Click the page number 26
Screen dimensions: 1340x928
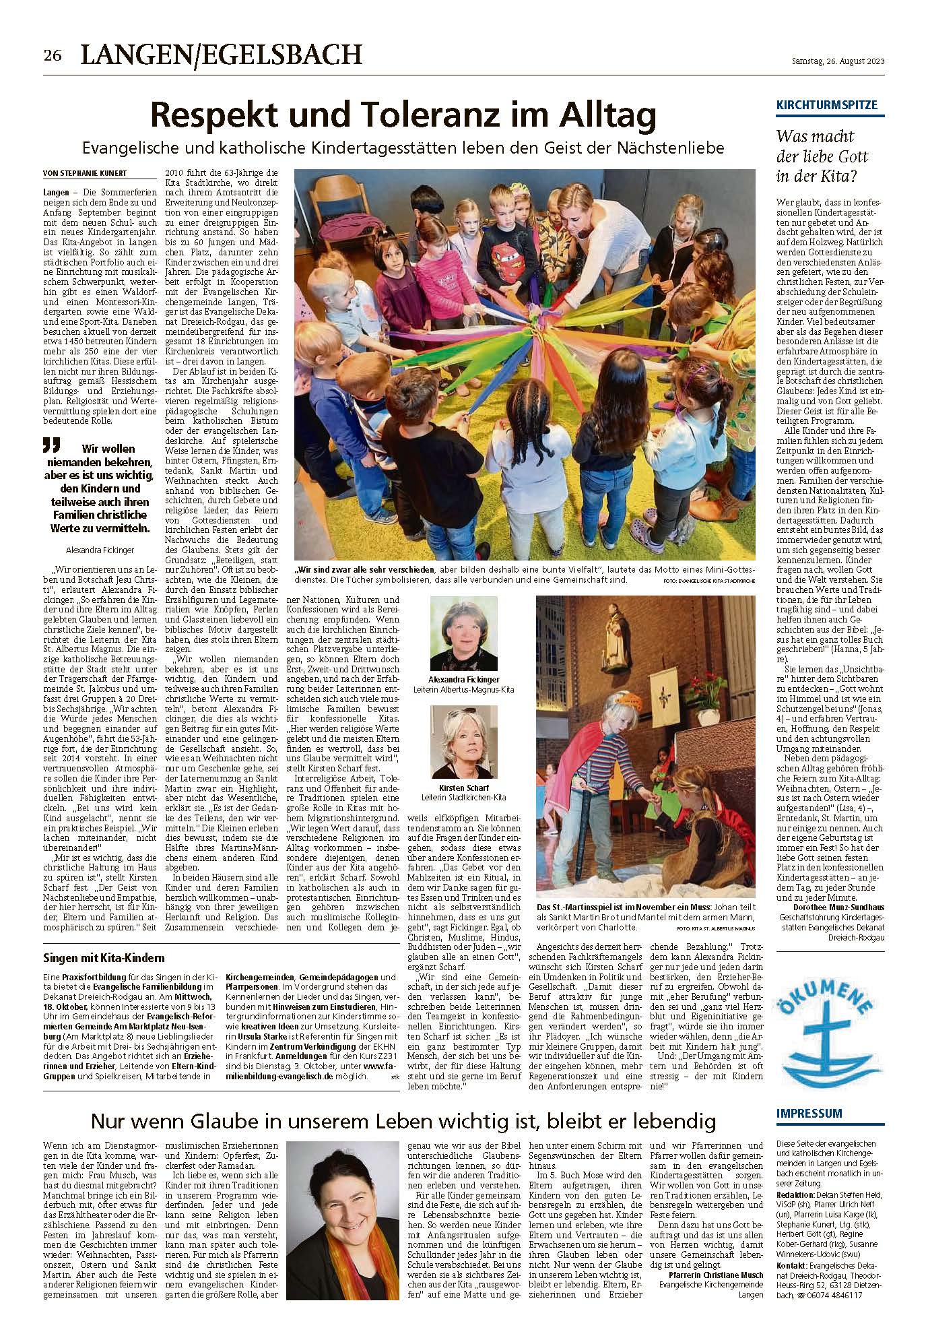tap(53, 56)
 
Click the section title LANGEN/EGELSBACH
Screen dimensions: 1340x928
tap(222, 55)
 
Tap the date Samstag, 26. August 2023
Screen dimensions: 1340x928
tap(837, 62)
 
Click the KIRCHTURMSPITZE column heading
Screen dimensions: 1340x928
tap(827, 105)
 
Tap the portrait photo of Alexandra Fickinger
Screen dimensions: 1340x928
tap(464, 633)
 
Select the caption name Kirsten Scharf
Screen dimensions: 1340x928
tap(464, 787)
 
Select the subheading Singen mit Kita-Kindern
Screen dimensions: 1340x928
tap(104, 958)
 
